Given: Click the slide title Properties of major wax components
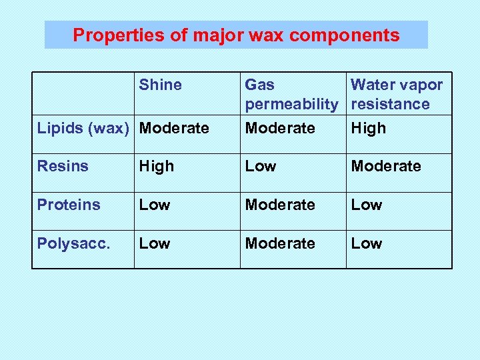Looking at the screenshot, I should point(236,35).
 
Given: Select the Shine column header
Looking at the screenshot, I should point(160,85).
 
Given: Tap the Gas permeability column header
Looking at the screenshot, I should point(291,94).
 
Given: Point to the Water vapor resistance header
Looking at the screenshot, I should point(397,94).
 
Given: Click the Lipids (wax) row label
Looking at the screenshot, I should point(84,127).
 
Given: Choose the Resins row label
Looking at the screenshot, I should point(63,166).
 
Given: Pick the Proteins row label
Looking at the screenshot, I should point(69,205).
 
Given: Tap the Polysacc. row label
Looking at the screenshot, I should point(73,243).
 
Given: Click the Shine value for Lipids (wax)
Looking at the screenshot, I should point(174,127).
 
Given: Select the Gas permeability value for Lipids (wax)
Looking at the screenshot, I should point(280,127).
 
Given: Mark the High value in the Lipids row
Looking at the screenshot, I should point(368,127).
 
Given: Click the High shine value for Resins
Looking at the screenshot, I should point(156,166).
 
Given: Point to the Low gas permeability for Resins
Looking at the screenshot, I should point(260,166).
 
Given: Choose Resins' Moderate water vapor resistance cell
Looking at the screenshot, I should point(386,166).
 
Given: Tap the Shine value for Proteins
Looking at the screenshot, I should point(154,205).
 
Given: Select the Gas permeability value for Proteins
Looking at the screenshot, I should point(280,205).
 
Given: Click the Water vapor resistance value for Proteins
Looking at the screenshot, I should point(367,205).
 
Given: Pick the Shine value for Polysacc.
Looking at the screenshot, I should point(154,243).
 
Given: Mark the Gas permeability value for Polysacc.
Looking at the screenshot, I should point(280,243).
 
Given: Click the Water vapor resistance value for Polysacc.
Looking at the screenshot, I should point(367,243).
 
